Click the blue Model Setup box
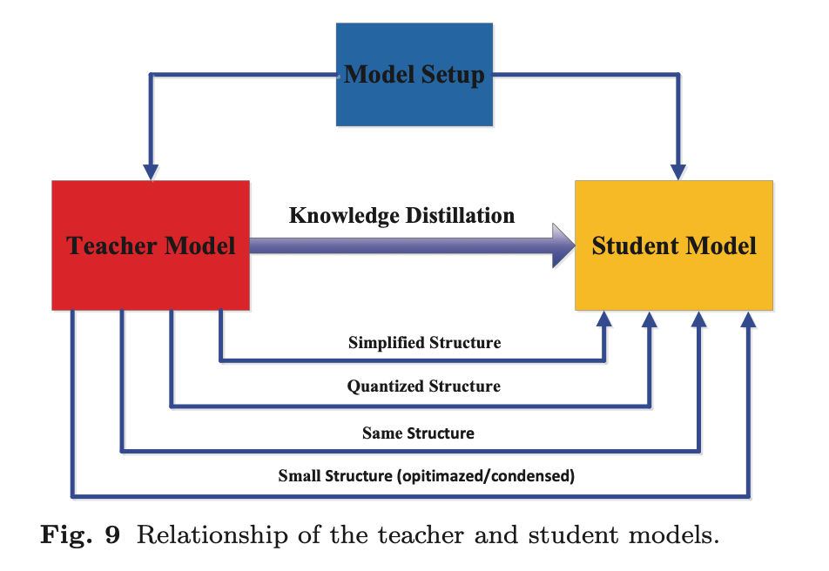pos(414,75)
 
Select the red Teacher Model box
pos(151,245)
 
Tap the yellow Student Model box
pos(674,245)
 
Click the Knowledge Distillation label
pos(401,214)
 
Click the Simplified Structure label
pos(424,342)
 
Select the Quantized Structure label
pos(423,386)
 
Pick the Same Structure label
pos(418,433)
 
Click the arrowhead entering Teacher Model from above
pos(152,172)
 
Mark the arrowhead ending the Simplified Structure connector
pos(603,319)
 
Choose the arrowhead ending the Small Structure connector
pos(748,319)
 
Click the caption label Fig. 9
pos(80,534)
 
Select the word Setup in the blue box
pos(453,75)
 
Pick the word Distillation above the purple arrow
pos(458,214)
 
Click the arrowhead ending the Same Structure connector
pos(699,319)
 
